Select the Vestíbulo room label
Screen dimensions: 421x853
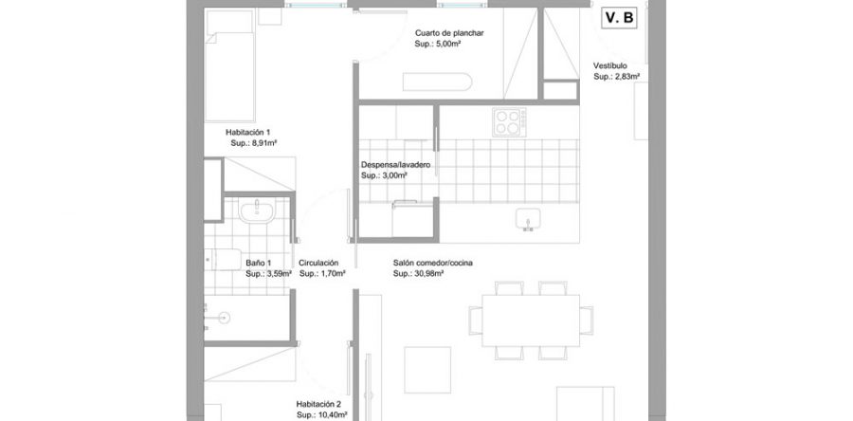point(611,65)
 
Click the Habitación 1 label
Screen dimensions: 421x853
point(248,132)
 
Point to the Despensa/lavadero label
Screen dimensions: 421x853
point(396,164)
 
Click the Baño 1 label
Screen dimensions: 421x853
point(259,263)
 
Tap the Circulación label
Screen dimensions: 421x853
point(318,263)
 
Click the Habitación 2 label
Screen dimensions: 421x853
point(318,403)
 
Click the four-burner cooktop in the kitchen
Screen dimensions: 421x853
point(507,121)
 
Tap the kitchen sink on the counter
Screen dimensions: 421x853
point(528,220)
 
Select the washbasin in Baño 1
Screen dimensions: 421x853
point(257,211)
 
